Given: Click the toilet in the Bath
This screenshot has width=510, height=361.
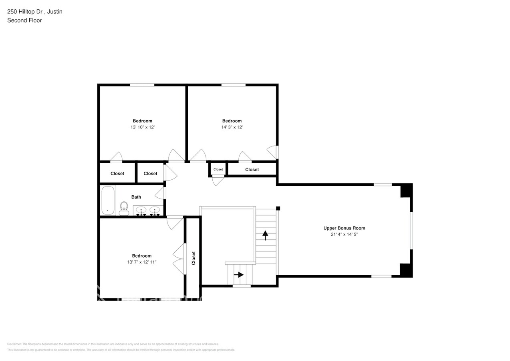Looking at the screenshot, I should (x=124, y=208).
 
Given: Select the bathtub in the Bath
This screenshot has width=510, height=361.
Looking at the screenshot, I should (x=108, y=200).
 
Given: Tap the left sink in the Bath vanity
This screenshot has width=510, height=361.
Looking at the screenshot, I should (x=141, y=210).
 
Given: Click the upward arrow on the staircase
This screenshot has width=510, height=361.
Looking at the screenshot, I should (x=265, y=235).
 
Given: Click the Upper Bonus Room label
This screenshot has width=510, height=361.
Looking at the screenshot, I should (x=344, y=228).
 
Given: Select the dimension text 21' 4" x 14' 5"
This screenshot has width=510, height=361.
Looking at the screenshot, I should (x=344, y=234).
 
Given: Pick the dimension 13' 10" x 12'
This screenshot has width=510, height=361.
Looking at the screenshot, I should (x=142, y=127).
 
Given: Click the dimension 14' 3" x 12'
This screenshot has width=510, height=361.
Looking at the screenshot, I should (x=232, y=127).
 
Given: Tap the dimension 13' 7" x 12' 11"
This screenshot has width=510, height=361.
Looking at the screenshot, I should (x=142, y=262).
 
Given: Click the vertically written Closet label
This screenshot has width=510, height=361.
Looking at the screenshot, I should (x=194, y=258).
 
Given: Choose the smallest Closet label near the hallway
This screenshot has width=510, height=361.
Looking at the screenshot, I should (x=218, y=169).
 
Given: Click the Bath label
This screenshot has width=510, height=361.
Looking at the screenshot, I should (x=136, y=197).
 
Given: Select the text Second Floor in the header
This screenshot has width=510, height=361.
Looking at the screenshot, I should (x=24, y=20).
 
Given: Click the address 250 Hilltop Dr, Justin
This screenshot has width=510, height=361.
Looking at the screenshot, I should (x=35, y=12).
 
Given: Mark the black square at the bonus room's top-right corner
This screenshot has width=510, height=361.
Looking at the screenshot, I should (x=406, y=191).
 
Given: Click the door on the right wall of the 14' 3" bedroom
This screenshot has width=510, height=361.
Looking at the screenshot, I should (x=272, y=152).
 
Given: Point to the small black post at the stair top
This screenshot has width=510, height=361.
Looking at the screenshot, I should (x=278, y=208).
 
